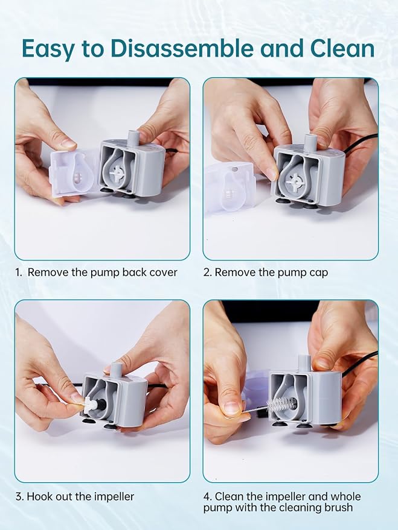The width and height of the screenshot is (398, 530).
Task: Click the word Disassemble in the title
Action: coord(182,48)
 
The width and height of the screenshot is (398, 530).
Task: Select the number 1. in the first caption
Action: coord(19,273)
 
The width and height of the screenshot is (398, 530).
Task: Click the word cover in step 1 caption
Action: coord(163,273)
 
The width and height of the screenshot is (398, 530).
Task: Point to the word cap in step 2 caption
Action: coord(318,273)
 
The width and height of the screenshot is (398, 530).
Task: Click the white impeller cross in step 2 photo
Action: coord(294,180)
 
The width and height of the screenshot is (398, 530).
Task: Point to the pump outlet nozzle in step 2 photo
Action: coord(310,142)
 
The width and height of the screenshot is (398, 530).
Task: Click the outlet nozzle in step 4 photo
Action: coord(303,363)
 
